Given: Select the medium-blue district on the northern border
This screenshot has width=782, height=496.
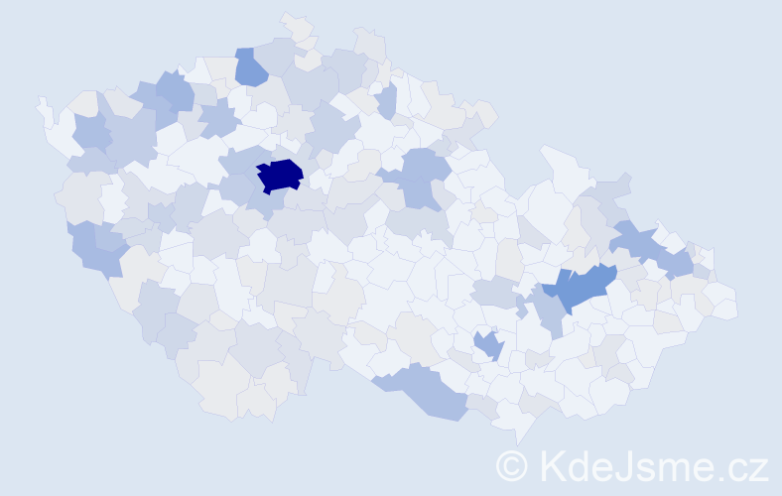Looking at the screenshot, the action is click(250, 66).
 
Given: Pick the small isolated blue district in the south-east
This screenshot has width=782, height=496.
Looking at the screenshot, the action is click(488, 345).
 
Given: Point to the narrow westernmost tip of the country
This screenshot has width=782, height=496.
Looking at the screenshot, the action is click(41, 101).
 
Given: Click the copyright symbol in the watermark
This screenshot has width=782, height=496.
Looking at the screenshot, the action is click(511, 465).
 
